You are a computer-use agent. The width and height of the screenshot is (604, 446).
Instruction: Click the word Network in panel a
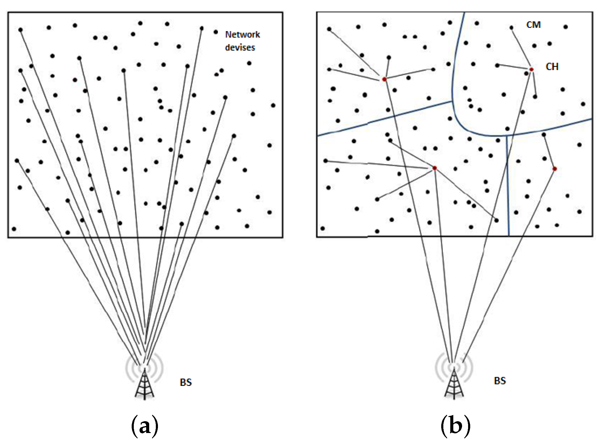click(x=242, y=34)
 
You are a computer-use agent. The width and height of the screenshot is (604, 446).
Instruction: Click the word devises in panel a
click(x=240, y=47)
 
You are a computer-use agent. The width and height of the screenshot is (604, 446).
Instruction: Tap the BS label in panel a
click(x=186, y=382)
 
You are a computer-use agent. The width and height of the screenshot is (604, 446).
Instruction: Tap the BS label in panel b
click(x=500, y=380)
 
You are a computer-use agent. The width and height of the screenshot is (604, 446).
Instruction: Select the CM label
click(x=533, y=25)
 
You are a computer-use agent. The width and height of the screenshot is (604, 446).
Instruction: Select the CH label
click(x=552, y=66)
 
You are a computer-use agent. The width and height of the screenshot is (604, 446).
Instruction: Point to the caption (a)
click(x=145, y=426)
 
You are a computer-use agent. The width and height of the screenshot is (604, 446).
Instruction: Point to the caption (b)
click(x=455, y=426)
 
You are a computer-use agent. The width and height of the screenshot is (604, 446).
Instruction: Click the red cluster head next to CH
click(x=531, y=69)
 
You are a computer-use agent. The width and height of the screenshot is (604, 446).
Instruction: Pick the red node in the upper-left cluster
click(x=384, y=79)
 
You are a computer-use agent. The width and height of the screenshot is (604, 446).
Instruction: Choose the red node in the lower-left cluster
click(x=435, y=168)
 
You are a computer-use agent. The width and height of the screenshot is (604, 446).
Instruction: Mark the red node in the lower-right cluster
click(x=554, y=169)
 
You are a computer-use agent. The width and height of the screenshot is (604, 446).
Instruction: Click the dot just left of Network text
click(x=216, y=32)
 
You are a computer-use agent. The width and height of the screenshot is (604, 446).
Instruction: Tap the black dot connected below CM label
click(x=511, y=27)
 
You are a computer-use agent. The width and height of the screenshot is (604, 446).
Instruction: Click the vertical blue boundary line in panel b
click(x=508, y=187)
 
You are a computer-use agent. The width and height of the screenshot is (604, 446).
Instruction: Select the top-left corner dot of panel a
click(x=21, y=30)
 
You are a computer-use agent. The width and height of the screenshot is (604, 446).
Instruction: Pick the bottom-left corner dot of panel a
click(x=14, y=229)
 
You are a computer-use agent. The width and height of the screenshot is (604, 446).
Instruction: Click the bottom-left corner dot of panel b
click(x=323, y=228)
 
